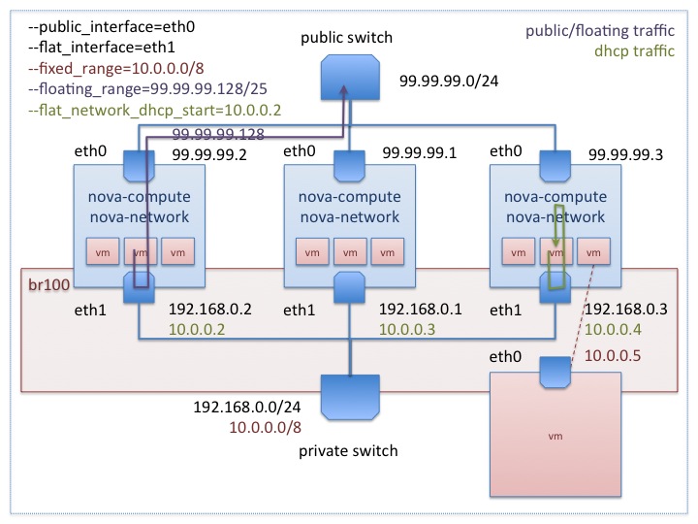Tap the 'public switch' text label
point(345,38)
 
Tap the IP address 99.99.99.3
point(622,152)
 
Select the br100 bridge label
point(46,287)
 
